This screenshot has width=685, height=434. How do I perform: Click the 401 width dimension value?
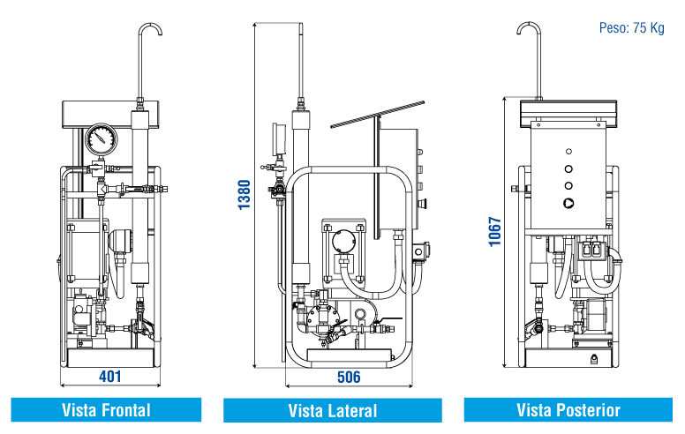[109, 377]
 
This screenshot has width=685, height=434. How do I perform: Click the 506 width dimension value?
[349, 378]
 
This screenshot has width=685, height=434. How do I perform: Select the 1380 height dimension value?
[245, 195]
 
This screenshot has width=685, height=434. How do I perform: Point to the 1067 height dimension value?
[495, 232]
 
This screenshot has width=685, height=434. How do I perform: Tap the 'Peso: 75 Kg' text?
[631, 28]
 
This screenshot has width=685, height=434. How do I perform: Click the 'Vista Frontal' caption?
[106, 410]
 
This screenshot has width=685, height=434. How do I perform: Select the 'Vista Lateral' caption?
[333, 411]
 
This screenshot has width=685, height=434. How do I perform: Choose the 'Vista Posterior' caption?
[568, 410]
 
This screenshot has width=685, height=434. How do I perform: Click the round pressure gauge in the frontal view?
[102, 138]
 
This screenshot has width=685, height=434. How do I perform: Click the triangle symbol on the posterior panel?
[568, 202]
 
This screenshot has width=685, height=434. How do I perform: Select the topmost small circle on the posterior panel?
[568, 150]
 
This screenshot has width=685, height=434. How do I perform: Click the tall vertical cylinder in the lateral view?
[301, 203]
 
